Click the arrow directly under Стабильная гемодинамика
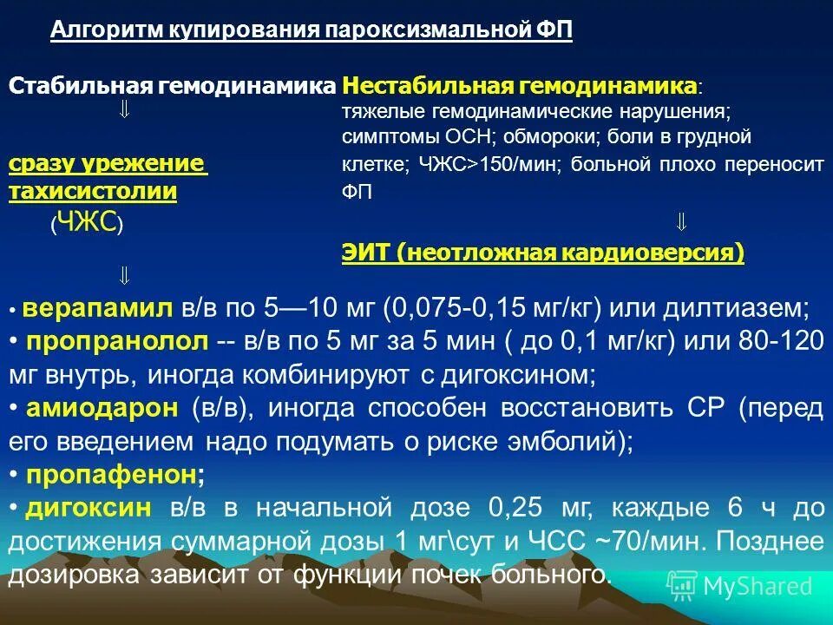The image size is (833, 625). (124, 110)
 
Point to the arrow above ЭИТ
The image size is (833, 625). (681, 222)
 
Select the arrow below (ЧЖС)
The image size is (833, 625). (124, 276)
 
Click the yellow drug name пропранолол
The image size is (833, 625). (117, 341)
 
